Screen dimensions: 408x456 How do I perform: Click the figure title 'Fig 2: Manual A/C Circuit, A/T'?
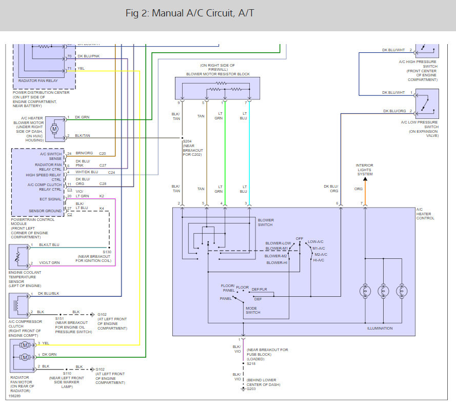189,13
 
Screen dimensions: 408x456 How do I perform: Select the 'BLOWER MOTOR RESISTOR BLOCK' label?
218,74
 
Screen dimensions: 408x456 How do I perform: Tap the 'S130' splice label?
107,252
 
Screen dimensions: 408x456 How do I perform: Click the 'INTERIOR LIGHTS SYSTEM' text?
365,170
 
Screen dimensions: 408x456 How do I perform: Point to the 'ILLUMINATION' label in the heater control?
380,328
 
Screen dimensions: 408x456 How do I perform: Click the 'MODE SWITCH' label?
253,310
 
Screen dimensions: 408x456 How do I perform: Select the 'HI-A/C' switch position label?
319,260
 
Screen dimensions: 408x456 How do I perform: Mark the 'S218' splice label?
251,363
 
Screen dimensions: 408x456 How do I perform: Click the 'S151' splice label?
60,318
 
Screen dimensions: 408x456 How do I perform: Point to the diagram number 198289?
15,396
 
